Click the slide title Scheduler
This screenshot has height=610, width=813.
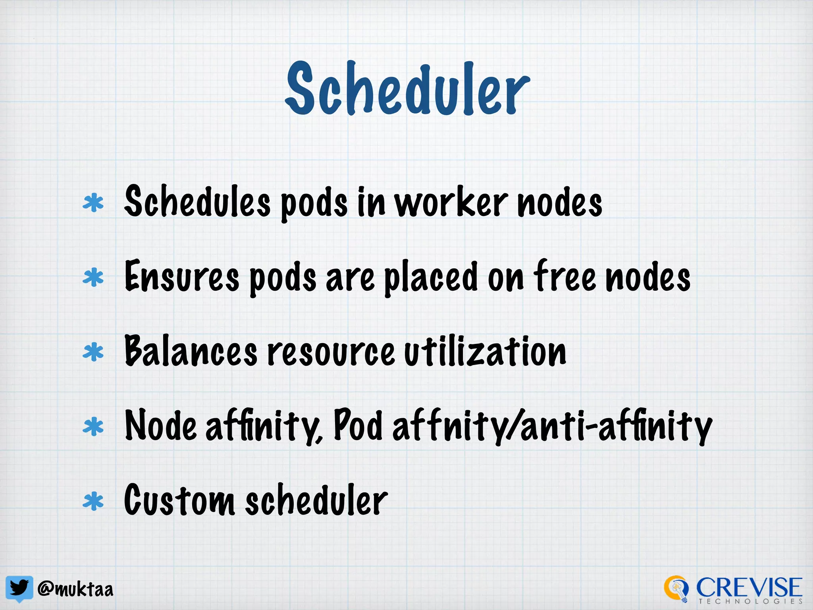pos(407,89)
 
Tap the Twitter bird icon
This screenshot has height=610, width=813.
pos(19,588)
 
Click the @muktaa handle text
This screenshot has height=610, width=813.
pos(75,589)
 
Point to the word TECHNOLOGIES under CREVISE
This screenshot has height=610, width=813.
pos(750,602)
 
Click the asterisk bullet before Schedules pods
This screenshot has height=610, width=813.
pos(93,203)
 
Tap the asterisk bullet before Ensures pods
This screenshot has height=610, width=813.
pos(93,278)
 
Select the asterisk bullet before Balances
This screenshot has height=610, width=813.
pos(93,352)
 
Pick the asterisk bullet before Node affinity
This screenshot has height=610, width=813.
pos(93,427)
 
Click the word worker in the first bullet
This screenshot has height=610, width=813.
pos(451,203)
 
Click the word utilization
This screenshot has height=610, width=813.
pos(485,351)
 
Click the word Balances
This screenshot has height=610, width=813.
pos(191,351)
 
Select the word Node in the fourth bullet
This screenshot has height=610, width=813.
pos(161,426)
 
